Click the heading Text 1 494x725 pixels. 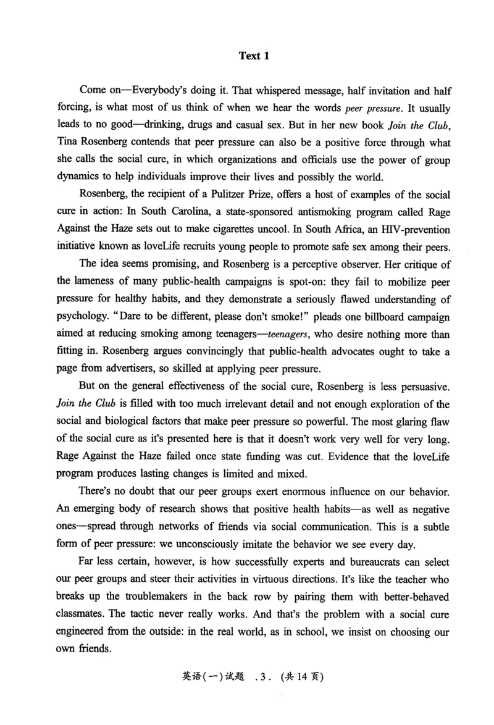pyautogui.click(x=254, y=56)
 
